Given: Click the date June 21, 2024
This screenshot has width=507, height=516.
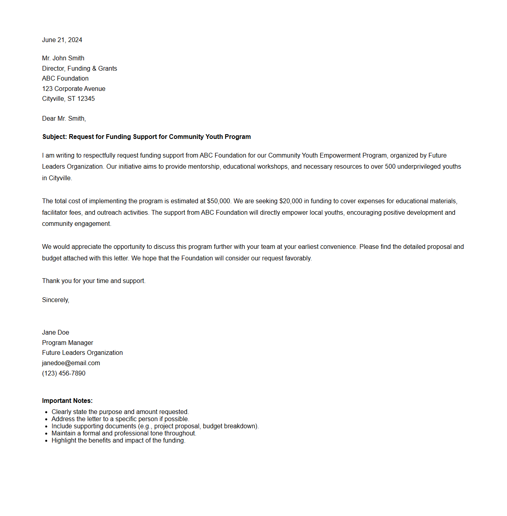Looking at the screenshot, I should pyautogui.click(x=62, y=40).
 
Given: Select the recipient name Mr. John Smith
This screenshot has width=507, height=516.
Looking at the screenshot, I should pyautogui.click(x=63, y=58).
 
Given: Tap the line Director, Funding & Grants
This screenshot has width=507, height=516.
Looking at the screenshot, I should pyautogui.click(x=79, y=68).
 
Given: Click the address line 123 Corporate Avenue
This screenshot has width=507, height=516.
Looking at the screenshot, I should pyautogui.click(x=74, y=89).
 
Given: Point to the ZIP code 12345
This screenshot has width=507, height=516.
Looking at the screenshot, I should pyautogui.click(x=86, y=98).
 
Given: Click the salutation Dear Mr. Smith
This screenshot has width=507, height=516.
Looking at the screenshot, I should pyautogui.click(x=64, y=118).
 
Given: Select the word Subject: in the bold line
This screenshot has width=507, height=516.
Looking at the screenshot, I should pyautogui.click(x=55, y=137).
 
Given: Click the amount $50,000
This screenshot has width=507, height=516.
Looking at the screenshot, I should pyautogui.click(x=219, y=201).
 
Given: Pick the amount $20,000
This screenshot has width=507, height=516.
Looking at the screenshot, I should pyautogui.click(x=291, y=201).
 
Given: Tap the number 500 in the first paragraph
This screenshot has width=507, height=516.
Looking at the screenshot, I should pyautogui.click(x=390, y=166).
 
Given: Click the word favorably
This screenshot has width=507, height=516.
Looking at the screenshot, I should pyautogui.click(x=298, y=258).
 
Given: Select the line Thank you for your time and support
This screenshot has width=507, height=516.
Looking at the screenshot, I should pyautogui.click(x=94, y=281).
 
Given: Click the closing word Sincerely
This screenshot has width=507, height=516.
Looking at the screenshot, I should pyautogui.click(x=56, y=300).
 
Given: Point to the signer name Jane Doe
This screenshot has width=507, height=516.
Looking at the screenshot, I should pyautogui.click(x=56, y=332).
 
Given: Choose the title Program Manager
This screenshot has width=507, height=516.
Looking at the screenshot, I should pyautogui.click(x=67, y=343).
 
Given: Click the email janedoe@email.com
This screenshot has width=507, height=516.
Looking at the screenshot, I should pyautogui.click(x=71, y=363).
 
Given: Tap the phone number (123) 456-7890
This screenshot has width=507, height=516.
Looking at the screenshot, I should pyautogui.click(x=64, y=373).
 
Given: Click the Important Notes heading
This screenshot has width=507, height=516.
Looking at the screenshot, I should pyautogui.click(x=67, y=400).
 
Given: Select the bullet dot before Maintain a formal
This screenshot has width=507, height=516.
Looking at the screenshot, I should pyautogui.click(x=46, y=433).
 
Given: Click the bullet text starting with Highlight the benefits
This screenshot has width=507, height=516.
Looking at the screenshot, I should pyautogui.click(x=118, y=440).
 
